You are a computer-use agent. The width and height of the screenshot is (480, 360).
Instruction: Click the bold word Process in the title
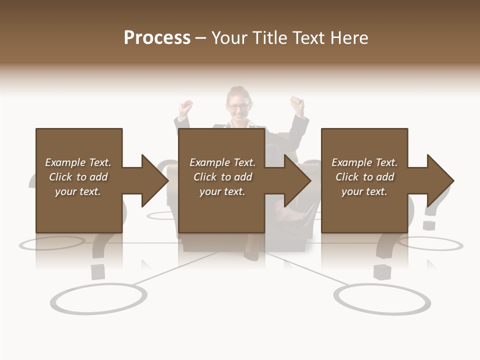coord(157,38)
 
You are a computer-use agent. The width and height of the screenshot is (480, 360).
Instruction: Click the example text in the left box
coord(78,177)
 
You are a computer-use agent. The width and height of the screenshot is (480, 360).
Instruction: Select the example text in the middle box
coord(222,177)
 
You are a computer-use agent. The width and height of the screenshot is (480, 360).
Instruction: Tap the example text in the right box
coord(364,177)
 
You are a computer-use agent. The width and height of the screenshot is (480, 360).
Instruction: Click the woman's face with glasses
coord(238,106)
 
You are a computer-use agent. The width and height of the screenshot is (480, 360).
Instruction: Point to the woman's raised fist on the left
coord(186,106)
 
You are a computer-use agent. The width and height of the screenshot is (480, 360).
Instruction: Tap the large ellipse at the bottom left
coord(98,299)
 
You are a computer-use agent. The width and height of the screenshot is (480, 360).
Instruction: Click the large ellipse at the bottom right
coord(382,299)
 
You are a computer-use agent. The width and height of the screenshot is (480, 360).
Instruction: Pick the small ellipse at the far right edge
coord(431,244)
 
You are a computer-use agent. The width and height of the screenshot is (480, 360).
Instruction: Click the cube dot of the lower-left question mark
coord(98,271)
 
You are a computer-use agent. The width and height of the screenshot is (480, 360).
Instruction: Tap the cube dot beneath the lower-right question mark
coord(382,272)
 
